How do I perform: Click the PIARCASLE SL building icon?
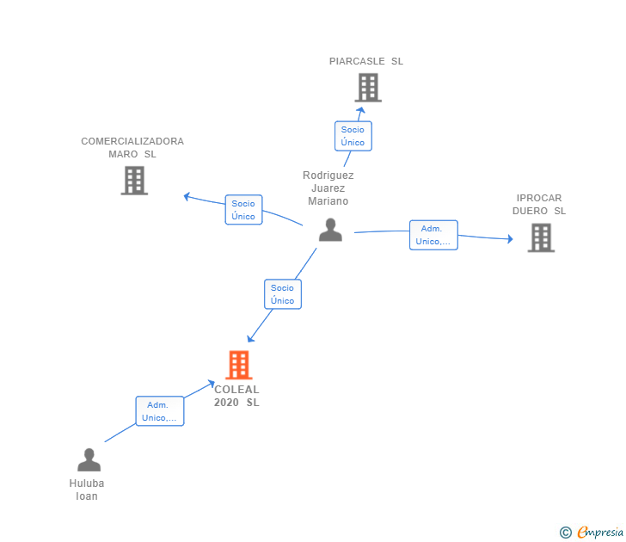368,88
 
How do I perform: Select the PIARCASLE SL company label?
366,61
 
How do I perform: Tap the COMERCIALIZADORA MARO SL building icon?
134,180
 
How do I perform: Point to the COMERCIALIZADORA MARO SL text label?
132,147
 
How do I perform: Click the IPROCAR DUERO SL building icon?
541,237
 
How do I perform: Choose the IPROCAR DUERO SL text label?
539,204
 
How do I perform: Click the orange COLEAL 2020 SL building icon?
238,365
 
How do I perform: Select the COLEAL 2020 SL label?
236,396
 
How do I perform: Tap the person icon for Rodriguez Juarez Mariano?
330,230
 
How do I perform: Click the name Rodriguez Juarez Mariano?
328,188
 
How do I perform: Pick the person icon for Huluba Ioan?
89,460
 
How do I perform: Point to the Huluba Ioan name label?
87,490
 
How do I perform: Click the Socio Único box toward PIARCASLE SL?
353,136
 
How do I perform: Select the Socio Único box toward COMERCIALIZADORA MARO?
243,210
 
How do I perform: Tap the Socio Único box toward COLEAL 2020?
282,294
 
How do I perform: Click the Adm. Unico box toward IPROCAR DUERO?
433,235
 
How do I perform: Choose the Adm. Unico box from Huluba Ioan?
159,411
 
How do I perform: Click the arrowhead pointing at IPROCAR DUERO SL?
509,238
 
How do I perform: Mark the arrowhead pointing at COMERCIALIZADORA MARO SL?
187,196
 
